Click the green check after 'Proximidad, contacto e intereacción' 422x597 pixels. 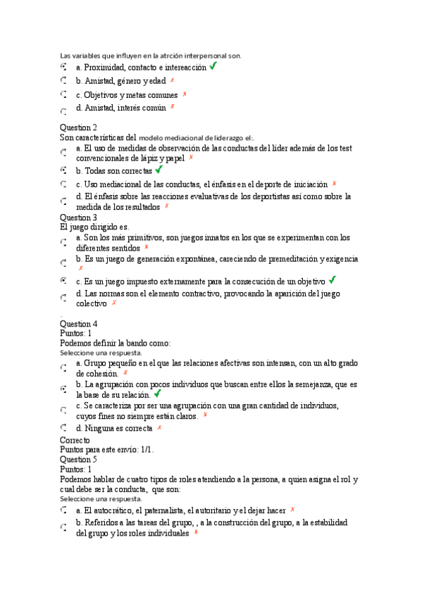coord(213,66)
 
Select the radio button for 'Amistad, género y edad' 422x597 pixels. coord(63,82)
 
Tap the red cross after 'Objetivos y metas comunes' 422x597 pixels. coord(184,94)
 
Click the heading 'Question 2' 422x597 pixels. coord(78,127)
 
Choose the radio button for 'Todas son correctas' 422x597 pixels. coord(63,170)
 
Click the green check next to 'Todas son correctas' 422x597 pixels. coord(159,170)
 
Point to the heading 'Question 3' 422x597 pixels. coord(78,218)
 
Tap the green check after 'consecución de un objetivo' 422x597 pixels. coord(333,279)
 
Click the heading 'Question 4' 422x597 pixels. coord(78,324)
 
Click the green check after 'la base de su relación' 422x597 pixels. coord(156,394)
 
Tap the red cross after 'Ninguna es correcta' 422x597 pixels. coord(159,427)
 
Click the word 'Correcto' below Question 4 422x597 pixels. coord(75,439)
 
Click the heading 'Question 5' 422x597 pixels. coord(78,459)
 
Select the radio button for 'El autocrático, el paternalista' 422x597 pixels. coord(63,510)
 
